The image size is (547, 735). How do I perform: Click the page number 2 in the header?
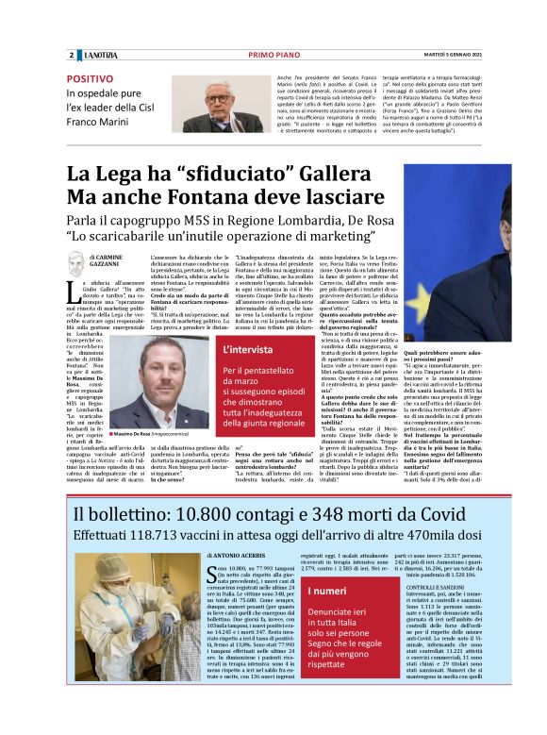click(x=71, y=56)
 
